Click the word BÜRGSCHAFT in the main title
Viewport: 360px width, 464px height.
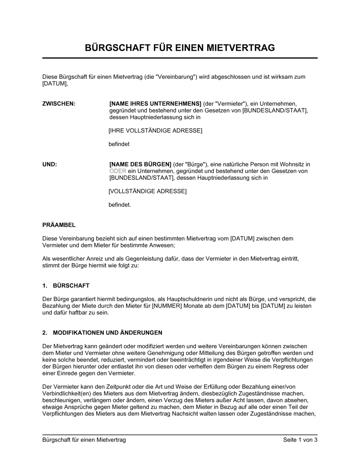[x=115, y=47]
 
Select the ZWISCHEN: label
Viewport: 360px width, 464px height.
[x=59, y=104]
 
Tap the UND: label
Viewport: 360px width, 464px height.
[x=50, y=164]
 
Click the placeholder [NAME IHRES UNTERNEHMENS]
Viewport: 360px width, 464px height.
[x=155, y=104]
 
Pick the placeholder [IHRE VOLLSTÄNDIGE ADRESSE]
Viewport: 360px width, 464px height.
[x=155, y=130]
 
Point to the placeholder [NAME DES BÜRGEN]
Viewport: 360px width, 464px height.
[x=140, y=164]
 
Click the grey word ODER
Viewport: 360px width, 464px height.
[x=118, y=171]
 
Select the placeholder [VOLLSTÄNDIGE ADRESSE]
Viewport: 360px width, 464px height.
[x=148, y=191]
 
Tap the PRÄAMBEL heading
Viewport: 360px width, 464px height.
[x=59, y=225]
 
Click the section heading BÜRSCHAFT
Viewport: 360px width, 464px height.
[x=71, y=286]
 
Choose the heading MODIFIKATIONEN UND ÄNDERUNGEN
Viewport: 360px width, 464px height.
[x=108, y=333]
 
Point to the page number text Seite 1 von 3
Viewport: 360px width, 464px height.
[x=300, y=440]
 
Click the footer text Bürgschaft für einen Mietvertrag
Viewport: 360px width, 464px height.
[x=84, y=440]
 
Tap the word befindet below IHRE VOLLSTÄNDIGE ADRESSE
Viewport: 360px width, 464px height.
[x=119, y=144]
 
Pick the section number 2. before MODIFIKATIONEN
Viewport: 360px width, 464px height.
[x=45, y=333]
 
